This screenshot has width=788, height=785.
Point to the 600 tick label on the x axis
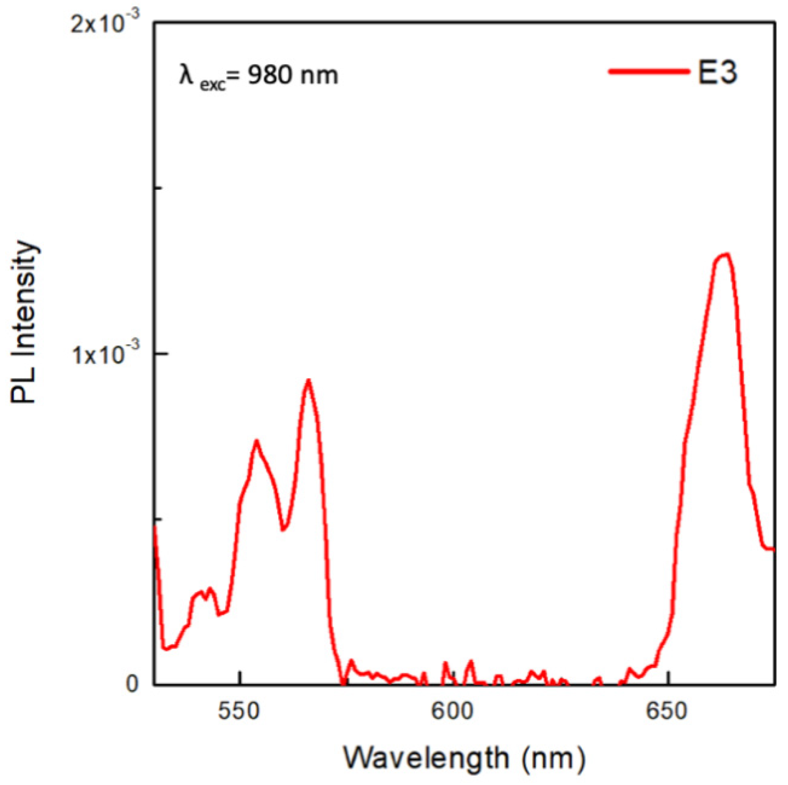coord(452,711)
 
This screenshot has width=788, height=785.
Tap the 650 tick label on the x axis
coord(666,711)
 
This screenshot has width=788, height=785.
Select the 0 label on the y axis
coord(132,683)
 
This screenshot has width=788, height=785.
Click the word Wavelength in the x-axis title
coord(426,758)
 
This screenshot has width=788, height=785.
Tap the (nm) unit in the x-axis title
coord(553,758)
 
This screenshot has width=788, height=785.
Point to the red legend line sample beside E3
coord(649,71)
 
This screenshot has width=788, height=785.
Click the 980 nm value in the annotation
coord(292,75)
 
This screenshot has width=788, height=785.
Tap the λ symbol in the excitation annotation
coord(186,74)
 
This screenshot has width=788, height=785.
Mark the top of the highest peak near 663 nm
coord(724,254)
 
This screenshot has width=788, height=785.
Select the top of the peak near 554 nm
coord(256,440)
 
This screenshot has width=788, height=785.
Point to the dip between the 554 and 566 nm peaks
coord(283,529)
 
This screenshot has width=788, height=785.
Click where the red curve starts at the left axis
coord(155,526)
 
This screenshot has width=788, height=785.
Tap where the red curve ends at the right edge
coord(773,549)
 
